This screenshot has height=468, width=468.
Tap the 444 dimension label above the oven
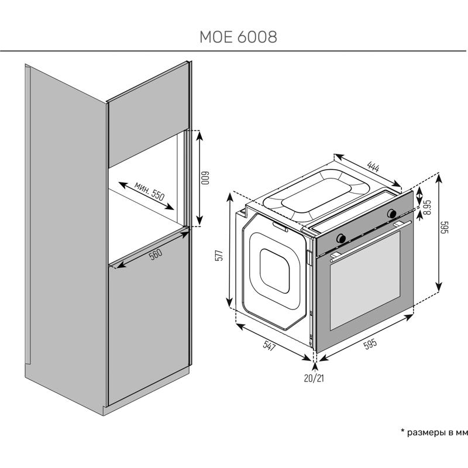371,165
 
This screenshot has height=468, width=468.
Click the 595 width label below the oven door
370,344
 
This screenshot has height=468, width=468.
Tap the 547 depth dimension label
269,346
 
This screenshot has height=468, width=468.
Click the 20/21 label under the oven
314,378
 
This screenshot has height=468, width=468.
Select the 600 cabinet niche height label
205,177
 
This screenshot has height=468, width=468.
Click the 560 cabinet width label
155,256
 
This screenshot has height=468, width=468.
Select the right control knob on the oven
391,214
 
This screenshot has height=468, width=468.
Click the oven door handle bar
369,240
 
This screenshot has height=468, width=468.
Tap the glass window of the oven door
366,287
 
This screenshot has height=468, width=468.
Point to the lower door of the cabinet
149,328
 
